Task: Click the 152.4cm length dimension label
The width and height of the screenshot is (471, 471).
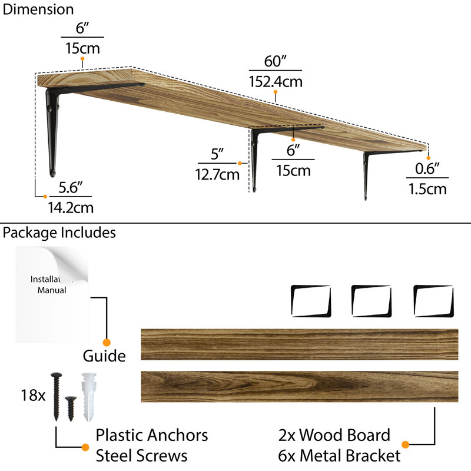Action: pos(276,82)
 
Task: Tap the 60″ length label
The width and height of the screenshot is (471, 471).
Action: pos(275,61)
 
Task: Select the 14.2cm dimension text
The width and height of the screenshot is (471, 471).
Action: pos(71,208)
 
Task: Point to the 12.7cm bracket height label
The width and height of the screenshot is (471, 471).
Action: pos(217,174)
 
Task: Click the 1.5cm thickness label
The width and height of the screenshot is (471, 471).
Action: pos(427,189)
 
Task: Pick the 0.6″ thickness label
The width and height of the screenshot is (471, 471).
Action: pos(427,168)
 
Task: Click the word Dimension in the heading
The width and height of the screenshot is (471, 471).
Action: pos(38,9)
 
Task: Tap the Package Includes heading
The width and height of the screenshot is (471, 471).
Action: pos(59,233)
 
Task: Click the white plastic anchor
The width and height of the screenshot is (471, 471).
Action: pos(89,397)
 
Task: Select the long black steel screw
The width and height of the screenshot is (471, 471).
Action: pos(56,396)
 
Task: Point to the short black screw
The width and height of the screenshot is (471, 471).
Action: pos(71,409)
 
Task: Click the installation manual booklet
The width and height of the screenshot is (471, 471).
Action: pos(52,295)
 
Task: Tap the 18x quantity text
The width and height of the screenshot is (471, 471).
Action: pos(33,395)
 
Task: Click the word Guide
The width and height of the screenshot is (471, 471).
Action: pos(104,356)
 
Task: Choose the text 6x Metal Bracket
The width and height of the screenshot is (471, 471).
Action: pos(339,455)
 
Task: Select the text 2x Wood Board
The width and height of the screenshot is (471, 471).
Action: pos(334,435)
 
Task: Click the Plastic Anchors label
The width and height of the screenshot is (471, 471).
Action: pos(152,435)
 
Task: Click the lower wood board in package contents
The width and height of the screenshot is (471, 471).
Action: pos(300,387)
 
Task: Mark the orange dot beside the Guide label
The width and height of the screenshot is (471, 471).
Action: pos(107,343)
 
